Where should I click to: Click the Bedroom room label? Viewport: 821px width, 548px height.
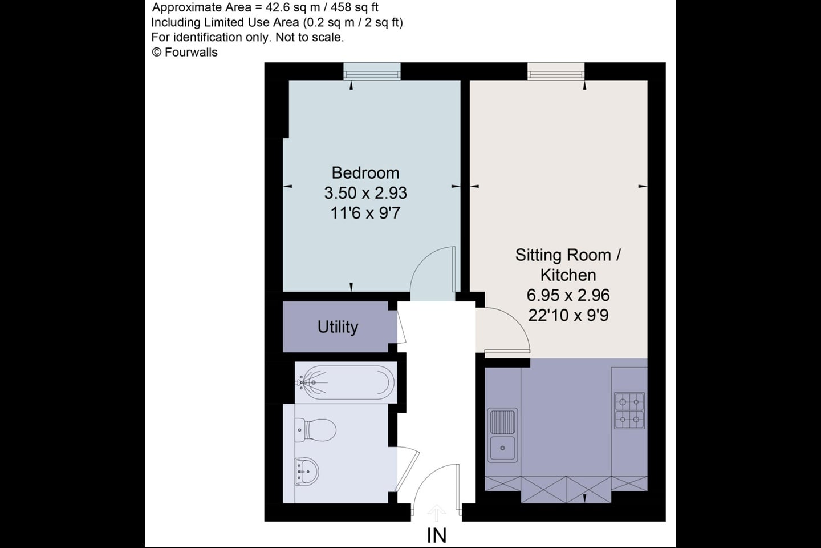365,173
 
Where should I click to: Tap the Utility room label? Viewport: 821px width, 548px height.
338,327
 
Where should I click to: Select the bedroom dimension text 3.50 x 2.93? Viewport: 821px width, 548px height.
365,193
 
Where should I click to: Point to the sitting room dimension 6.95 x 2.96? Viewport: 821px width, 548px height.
568,295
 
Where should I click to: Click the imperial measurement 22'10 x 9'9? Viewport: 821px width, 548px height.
568,315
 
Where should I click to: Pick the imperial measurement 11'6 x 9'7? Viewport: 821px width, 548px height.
365,213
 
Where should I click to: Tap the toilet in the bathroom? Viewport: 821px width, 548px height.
316,430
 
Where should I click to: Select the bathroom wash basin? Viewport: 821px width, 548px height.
307,472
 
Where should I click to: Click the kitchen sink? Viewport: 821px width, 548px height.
502,436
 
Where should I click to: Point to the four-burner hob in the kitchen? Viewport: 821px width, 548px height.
629,411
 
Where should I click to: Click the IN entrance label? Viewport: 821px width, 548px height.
437,536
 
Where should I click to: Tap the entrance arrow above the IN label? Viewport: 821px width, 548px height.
436,513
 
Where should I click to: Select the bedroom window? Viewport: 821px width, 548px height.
372,71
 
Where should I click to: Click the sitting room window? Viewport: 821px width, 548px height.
556,71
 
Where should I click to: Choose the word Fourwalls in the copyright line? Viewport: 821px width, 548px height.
191,53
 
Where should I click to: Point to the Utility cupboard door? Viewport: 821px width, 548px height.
401,327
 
